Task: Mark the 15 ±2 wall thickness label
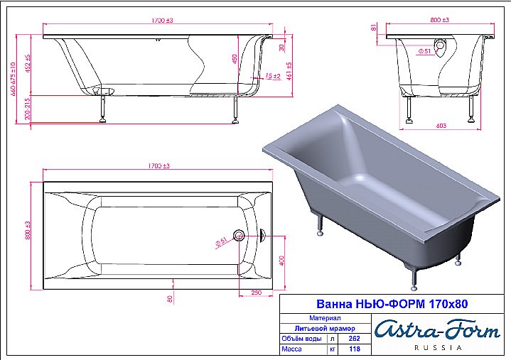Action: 273,75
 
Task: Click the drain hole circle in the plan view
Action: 240,236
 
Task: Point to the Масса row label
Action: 293,349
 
